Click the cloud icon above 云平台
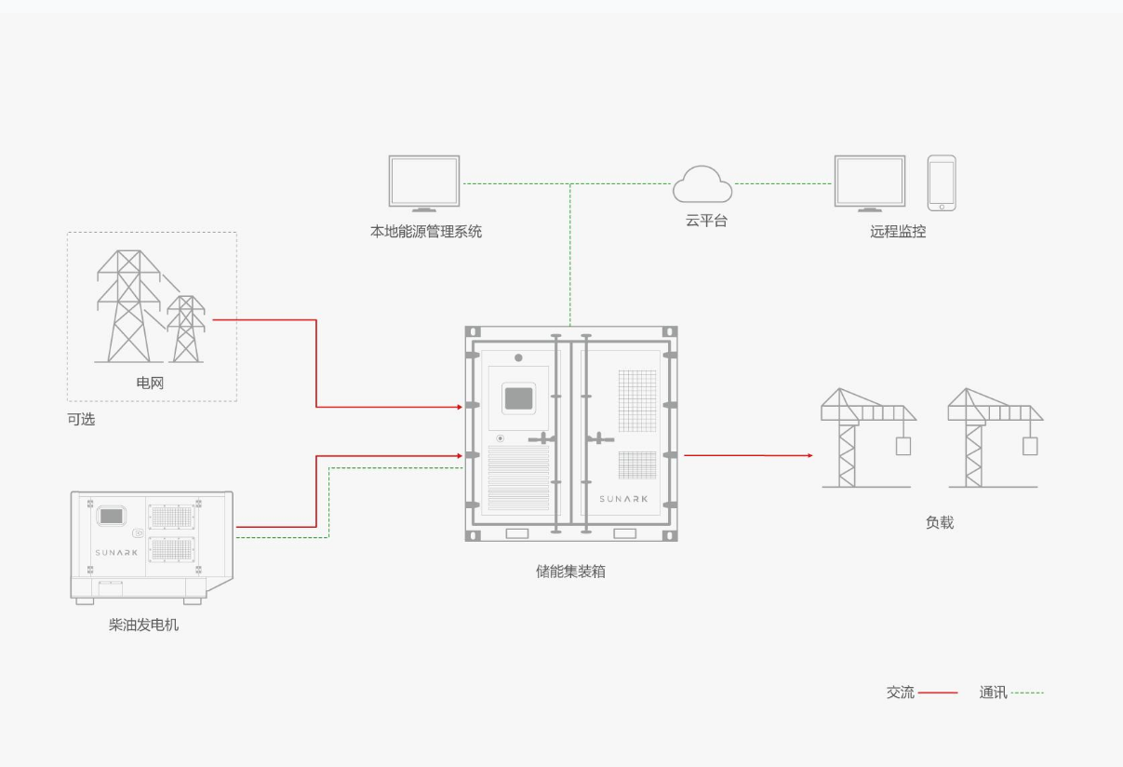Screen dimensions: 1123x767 point(702,184)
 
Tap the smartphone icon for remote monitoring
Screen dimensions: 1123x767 point(942,183)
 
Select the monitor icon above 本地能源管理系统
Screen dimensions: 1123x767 point(424,183)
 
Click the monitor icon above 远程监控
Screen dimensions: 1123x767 point(870,183)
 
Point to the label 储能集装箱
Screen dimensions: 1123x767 point(570,572)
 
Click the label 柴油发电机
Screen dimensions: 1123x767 point(143,625)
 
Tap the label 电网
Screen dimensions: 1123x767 point(150,383)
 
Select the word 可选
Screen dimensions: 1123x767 point(81,419)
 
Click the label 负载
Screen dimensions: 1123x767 point(940,522)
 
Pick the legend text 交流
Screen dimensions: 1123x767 point(901,693)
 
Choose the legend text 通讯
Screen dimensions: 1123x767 point(993,693)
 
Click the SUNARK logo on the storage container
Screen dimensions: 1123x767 point(623,499)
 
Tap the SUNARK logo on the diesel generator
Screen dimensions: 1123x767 point(116,552)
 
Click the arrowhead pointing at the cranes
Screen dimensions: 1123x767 point(810,455)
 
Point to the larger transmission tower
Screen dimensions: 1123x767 point(128,306)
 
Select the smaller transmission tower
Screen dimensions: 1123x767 point(186,330)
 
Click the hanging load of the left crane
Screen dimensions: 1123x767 point(903,446)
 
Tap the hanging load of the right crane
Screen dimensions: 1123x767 point(1030,446)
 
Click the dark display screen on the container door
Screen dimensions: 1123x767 point(518,398)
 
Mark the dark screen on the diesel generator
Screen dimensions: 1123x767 point(112,516)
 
